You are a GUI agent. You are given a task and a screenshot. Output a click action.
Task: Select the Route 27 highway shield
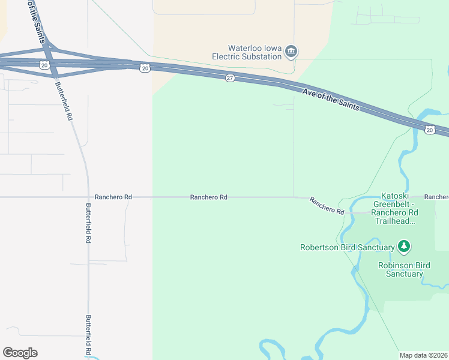coord(230,79)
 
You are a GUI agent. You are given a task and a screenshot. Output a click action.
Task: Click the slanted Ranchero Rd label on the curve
coord(327,206)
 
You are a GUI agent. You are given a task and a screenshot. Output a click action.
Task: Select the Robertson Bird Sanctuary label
coord(347,247)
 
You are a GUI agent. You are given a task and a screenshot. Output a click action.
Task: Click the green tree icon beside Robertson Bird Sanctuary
coord(405,246)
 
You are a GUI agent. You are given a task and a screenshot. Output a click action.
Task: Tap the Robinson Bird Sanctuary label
coord(400,269)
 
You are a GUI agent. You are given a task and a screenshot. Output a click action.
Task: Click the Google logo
coord(20,353)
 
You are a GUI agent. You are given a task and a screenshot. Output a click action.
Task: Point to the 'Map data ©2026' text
coord(424,355)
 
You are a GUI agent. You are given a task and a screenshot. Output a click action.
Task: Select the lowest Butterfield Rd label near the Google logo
coord(88,334)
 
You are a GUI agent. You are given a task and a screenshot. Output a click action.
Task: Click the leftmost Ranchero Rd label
coord(113,197)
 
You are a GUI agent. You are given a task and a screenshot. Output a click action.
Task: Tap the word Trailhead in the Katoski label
coord(393,221)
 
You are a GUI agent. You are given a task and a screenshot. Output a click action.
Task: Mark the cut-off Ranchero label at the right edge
coord(436,197)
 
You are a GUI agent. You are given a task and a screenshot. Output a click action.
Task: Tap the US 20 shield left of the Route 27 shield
coord(145,68)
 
